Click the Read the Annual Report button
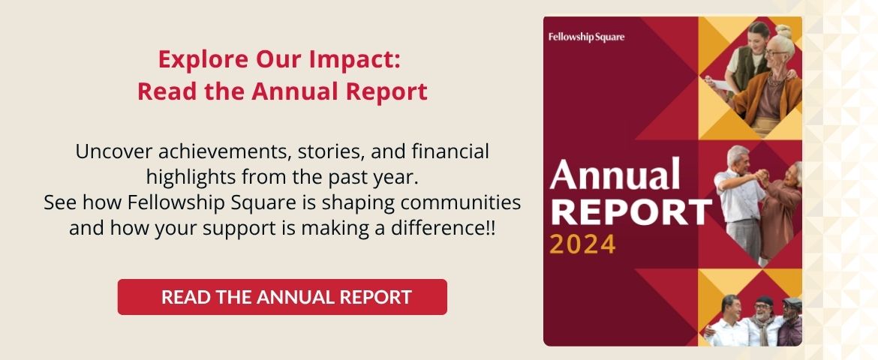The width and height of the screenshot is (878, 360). (282, 297)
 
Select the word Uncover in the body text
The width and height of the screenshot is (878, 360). (114, 151)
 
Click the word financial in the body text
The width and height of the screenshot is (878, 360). (450, 151)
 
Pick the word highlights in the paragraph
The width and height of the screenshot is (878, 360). (191, 178)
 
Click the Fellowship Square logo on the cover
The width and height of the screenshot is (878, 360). (586, 37)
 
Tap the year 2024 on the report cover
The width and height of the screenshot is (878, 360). (582, 244)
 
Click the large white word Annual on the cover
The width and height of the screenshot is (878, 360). (615, 174)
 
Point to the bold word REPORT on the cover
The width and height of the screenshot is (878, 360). (630, 213)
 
